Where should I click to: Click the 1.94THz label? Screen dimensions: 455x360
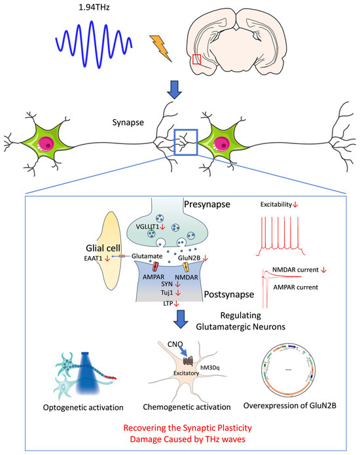[x=87, y=9]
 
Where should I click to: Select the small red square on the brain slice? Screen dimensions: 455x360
[x=197, y=60]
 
